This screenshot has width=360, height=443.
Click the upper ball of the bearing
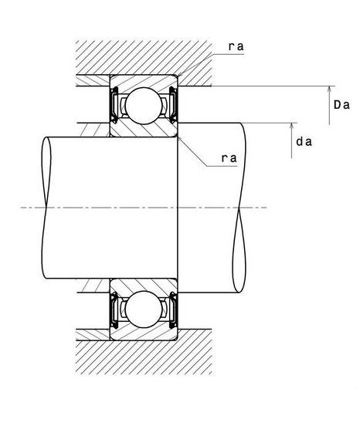[x=144, y=106]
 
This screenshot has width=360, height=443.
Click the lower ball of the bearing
[x=144, y=309]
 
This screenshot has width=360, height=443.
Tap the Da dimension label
[x=341, y=105]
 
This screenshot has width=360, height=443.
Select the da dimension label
[x=304, y=141]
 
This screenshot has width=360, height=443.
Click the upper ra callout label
[x=236, y=46]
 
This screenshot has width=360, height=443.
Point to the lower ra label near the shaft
[x=229, y=158]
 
